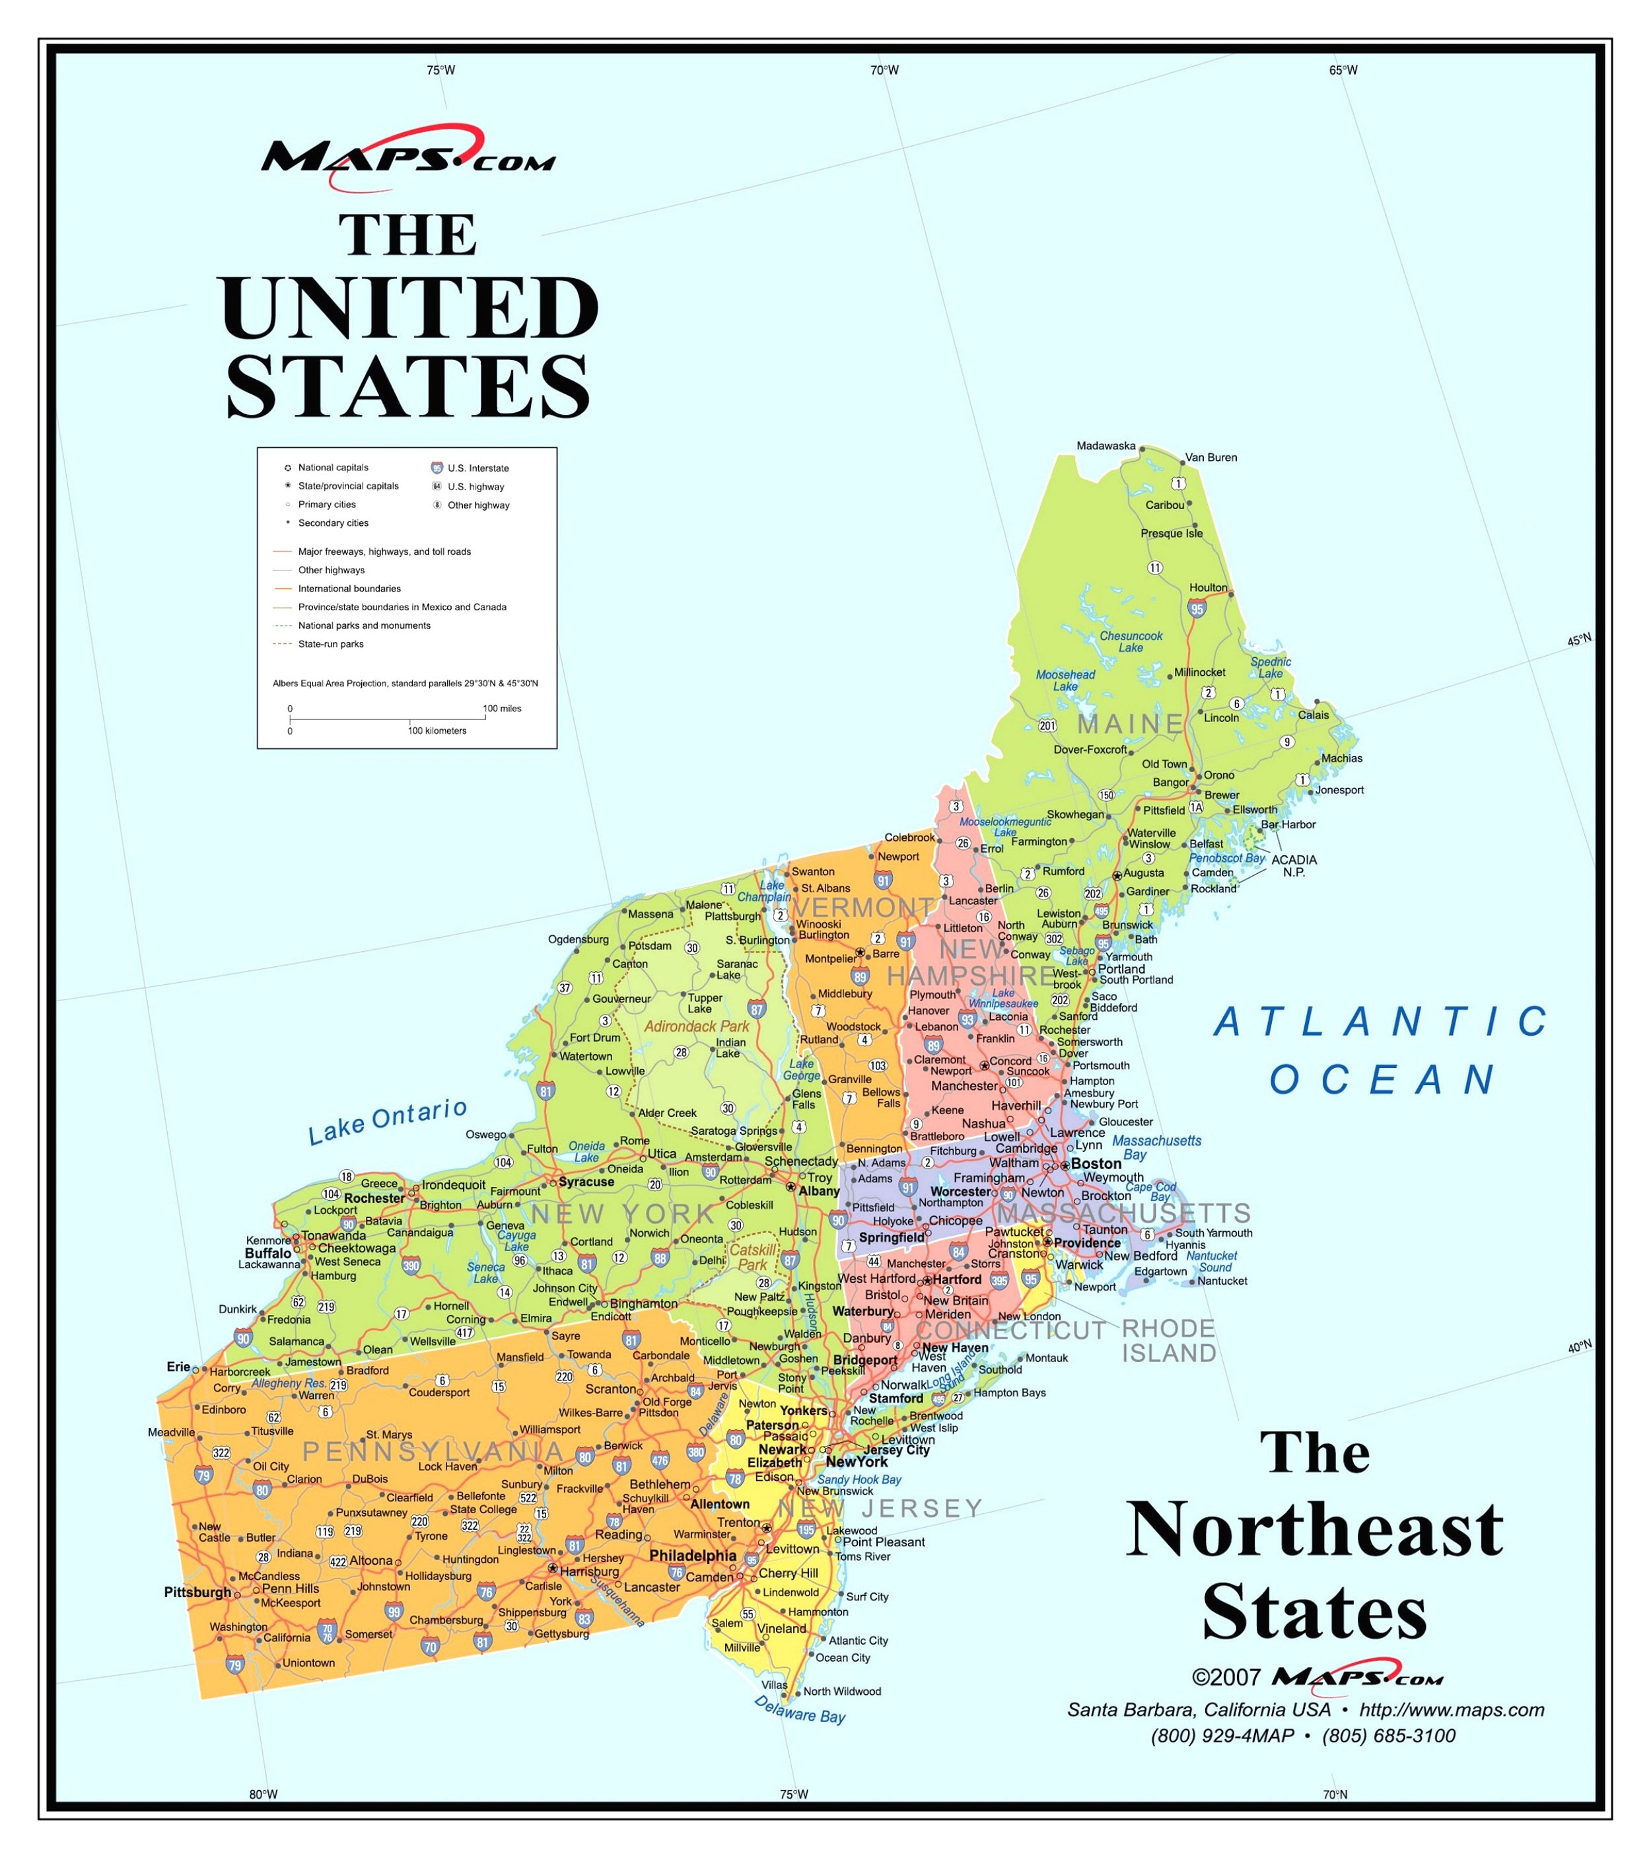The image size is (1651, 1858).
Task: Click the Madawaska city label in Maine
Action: pos(1105,445)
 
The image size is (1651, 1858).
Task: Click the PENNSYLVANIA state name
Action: pos(433,1452)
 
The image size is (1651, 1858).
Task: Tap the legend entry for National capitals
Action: pos(333,467)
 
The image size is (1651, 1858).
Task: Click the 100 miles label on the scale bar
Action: pos(501,708)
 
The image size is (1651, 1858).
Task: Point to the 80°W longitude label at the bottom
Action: pos(263,1795)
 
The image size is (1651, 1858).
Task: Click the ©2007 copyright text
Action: pos(1226,1678)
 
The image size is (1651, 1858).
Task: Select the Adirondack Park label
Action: pos(697,1026)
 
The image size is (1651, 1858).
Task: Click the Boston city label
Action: pos(1096,1164)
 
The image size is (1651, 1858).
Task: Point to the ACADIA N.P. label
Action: pos(1293,865)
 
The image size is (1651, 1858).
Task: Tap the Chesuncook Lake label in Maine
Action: pos(1131,642)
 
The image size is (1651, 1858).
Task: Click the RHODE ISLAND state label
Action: pos(1168,1341)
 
